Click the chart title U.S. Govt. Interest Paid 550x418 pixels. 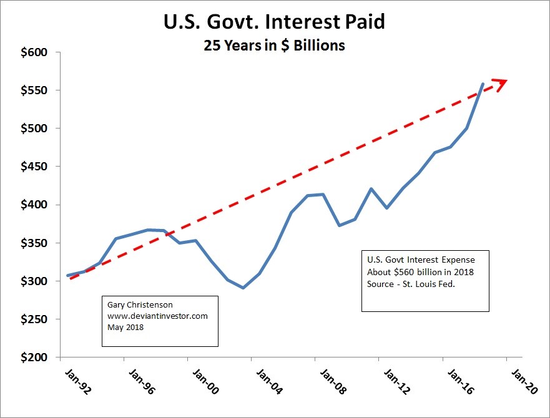[x=275, y=22]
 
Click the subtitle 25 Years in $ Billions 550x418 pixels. [x=274, y=46]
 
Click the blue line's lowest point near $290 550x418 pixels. [x=243, y=288]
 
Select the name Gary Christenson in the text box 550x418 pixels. [x=140, y=305]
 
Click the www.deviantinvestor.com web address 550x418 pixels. [x=157, y=316]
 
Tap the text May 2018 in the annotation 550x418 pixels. [x=125, y=326]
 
